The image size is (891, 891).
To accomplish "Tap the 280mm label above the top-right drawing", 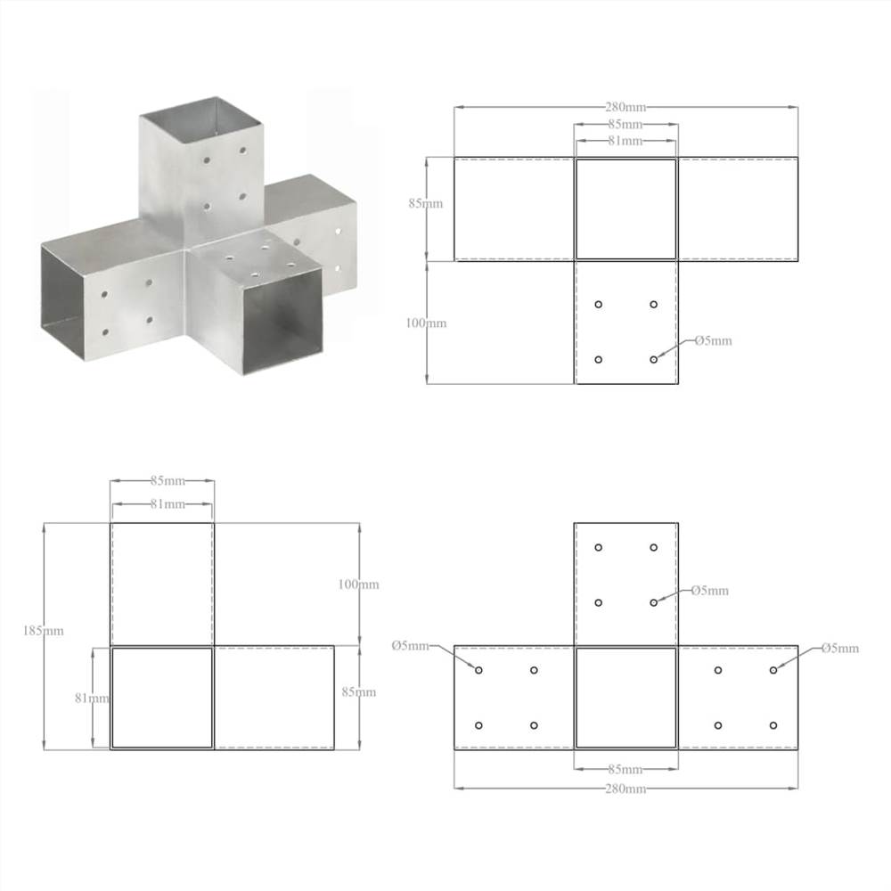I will pyautogui.click(x=625, y=107).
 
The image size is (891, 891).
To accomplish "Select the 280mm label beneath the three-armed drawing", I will pyautogui.click(x=625, y=789).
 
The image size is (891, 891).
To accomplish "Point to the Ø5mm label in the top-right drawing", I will pyautogui.click(x=713, y=340).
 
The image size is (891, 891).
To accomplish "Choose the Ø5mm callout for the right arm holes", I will pyautogui.click(x=840, y=648).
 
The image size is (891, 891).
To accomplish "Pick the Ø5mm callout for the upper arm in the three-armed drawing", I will pyautogui.click(x=710, y=590).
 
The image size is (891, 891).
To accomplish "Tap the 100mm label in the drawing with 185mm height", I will pyautogui.click(x=359, y=584).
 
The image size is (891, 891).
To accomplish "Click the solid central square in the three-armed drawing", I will pyautogui.click(x=625, y=698).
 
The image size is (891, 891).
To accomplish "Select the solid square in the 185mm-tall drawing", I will pyautogui.click(x=162, y=698).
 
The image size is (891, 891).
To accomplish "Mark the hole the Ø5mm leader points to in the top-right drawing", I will pyautogui.click(x=654, y=359).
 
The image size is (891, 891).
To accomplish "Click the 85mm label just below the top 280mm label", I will pyautogui.click(x=625, y=124).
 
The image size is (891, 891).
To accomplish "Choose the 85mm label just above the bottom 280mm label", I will pyautogui.click(x=625, y=769).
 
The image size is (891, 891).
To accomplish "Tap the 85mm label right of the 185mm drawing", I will pyautogui.click(x=359, y=691).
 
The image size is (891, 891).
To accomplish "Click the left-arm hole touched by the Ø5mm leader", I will pyautogui.click(x=478, y=670).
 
